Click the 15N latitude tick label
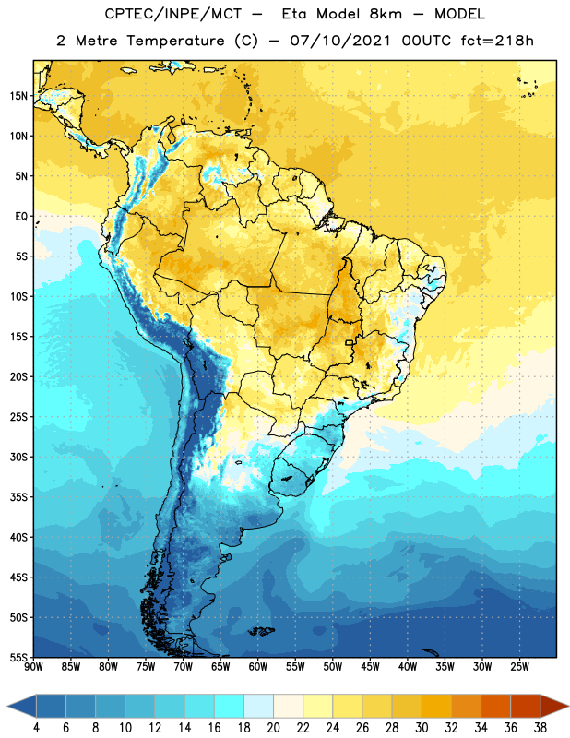point(18,96)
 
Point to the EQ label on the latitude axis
point(21,217)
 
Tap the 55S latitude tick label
point(18,657)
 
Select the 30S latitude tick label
point(18,457)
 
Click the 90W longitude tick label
point(33,667)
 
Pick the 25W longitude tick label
point(519,667)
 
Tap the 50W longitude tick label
point(333,667)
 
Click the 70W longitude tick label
point(184,667)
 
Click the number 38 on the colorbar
point(540,728)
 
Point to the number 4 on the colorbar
point(36,728)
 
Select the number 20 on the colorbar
point(273,728)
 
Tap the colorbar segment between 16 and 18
point(229,706)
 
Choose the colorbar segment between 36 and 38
point(526,706)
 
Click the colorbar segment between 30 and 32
point(436,706)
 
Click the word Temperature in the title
point(175,41)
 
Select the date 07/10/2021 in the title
point(340,41)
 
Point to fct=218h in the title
point(497,41)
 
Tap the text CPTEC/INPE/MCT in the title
point(173,14)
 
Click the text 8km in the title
point(386,14)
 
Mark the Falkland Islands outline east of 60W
point(261,631)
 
